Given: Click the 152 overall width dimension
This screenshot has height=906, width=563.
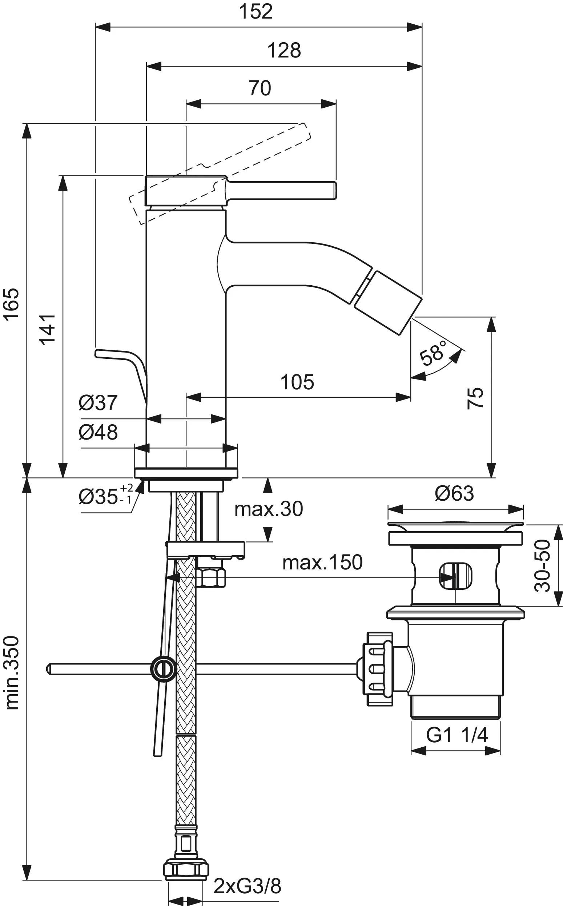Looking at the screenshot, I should pos(256,12).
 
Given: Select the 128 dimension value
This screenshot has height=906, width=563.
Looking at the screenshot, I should pos(284,50).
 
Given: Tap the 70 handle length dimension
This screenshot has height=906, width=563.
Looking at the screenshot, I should pos(260,88).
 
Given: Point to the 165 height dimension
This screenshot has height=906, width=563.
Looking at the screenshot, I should pos(11,304).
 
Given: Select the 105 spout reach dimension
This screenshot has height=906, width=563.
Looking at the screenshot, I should pos(297,382).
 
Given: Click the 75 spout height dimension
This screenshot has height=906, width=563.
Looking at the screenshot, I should pos(475,398).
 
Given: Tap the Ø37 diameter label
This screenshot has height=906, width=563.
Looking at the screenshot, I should pos(98,403).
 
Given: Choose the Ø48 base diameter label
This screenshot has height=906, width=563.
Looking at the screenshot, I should pos(98,432).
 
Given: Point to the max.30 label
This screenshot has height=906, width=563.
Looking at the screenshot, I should pos(269,509).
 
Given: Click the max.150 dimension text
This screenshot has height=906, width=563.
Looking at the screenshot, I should pos(322,563).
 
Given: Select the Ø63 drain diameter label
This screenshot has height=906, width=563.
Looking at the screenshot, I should pos(454,493).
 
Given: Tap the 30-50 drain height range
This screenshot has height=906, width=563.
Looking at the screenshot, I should pos(542,566).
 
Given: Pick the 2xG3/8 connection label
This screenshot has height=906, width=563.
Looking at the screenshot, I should pos(247,886).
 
